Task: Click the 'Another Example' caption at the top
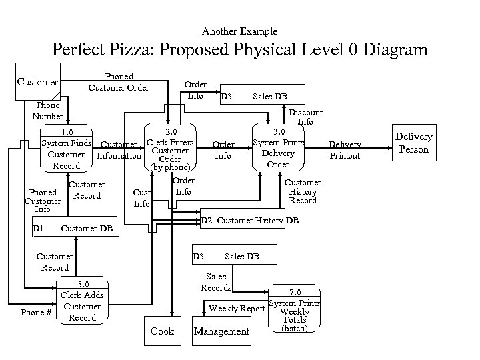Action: pos(239,31)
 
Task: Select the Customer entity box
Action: pos(37,81)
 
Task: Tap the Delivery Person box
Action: pos(413,143)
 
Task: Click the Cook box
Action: pos(162,331)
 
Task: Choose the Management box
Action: pos(221,331)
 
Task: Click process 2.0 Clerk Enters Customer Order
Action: pos(170,149)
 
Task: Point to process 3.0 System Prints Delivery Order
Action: pos(278,148)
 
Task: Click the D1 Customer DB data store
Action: pos(73,230)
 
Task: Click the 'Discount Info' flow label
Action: pos(305,117)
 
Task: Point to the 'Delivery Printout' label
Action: pos(345,150)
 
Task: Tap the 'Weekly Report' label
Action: pos(237,309)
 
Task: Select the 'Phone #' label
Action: pos(36,311)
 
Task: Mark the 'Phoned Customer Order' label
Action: pos(119,82)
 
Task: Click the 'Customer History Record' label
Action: pos(303,191)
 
